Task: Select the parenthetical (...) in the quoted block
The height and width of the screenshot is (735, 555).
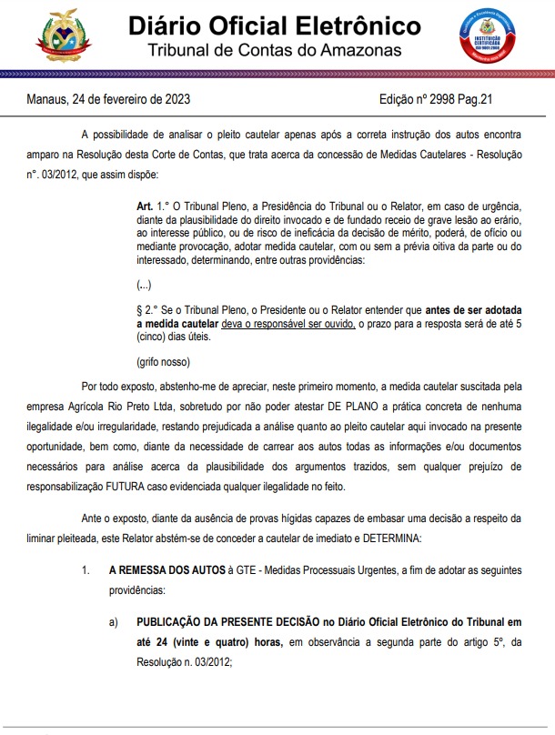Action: [x=145, y=285]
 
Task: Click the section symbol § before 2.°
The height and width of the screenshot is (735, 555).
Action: [x=139, y=309]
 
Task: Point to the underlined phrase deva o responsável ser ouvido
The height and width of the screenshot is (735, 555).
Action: [x=288, y=323]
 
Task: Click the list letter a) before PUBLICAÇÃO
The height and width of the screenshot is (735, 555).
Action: [x=114, y=623]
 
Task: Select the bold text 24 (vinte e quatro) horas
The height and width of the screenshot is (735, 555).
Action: [x=206, y=642]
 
